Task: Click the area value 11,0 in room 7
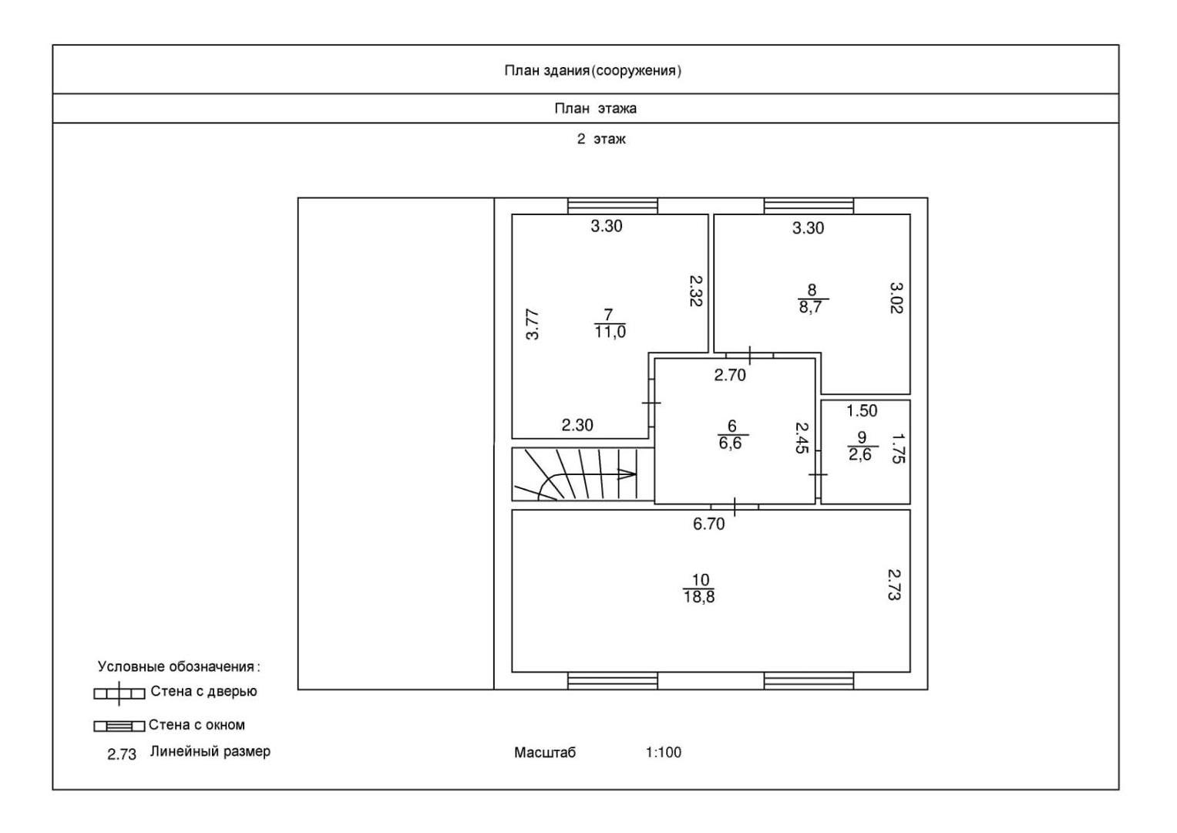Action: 610,332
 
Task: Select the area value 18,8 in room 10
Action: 698,596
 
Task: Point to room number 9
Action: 861,437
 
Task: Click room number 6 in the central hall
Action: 731,426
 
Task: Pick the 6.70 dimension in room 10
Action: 708,524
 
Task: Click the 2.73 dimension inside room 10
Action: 894,585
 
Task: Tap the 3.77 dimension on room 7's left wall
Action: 532,324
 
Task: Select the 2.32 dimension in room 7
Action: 695,291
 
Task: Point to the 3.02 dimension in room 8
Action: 896,298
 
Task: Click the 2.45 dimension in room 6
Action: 802,437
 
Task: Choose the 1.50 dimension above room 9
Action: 862,410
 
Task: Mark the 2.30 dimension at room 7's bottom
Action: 577,425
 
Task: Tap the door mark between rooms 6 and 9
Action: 818,474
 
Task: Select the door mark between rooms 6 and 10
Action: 735,507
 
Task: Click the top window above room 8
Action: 809,205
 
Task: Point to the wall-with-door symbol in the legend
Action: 119,693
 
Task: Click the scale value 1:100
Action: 663,752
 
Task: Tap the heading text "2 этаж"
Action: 601,140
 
